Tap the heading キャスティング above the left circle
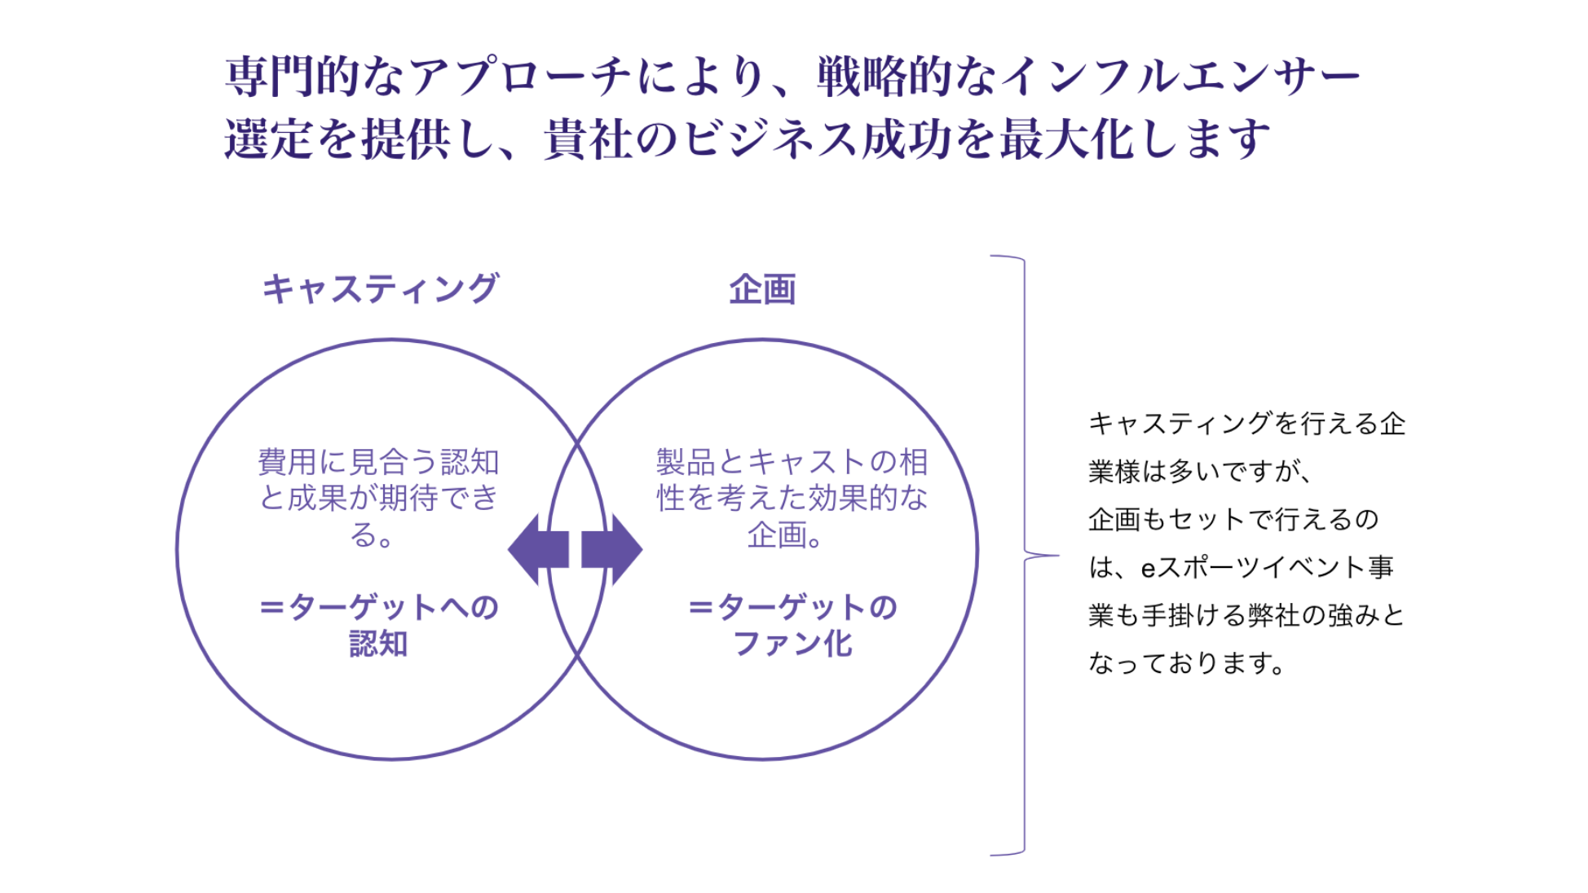(380, 289)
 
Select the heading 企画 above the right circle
(762, 289)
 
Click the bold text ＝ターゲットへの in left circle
(378, 608)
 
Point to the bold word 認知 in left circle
(378, 644)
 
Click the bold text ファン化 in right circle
(792, 644)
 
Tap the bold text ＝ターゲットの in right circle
(792, 608)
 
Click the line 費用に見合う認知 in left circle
(378, 462)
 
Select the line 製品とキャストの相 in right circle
(792, 462)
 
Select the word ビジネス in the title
(770, 139)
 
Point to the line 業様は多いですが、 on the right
(1198, 471)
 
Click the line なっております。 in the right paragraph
(1187, 662)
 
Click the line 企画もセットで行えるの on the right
(1233, 519)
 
